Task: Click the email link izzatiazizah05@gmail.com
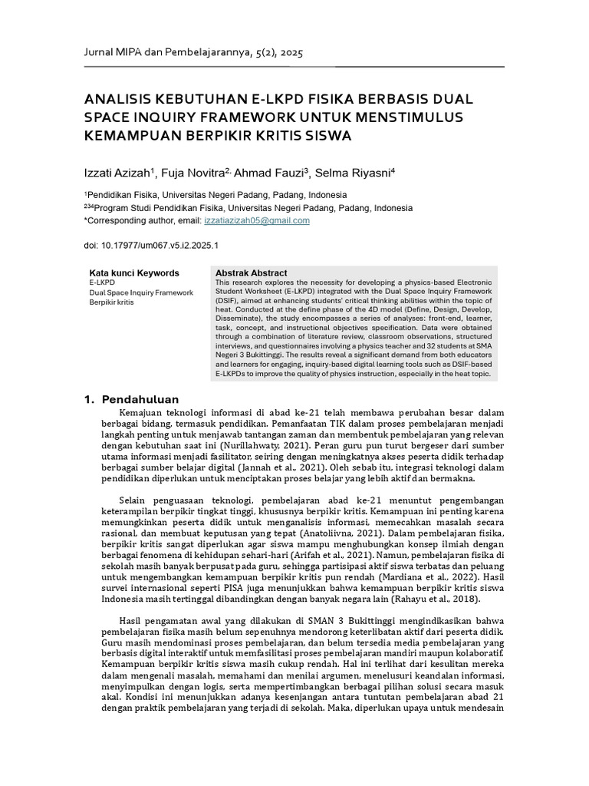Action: coord(257,220)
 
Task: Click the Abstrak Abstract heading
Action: coord(251,272)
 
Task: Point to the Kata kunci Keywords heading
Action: coord(134,272)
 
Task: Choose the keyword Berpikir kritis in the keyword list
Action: coord(111,302)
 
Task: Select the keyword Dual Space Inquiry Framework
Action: coord(141,292)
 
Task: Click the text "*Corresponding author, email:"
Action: coord(142,220)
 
